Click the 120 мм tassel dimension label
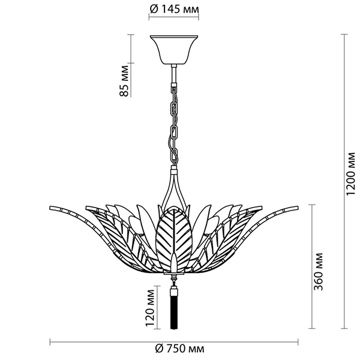click(148, 307)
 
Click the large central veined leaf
click(175, 237)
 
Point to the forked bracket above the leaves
click(175, 186)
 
